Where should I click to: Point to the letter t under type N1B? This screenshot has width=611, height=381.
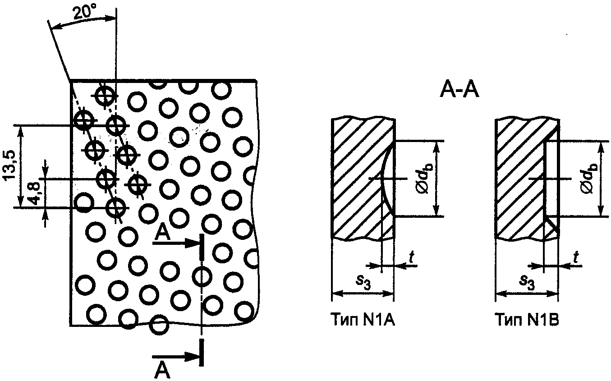click(575, 257)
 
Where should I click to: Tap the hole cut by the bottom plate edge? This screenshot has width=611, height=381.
click(159, 324)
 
